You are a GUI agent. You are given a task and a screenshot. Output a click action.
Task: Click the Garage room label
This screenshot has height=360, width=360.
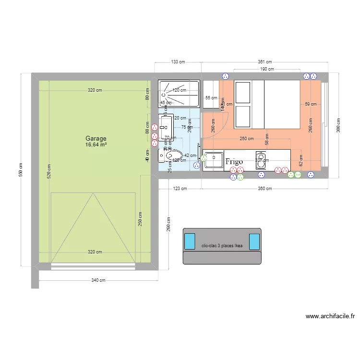96,138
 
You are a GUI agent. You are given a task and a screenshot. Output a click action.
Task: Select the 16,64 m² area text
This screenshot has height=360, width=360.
96,144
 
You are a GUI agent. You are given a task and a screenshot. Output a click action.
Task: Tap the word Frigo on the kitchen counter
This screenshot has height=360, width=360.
234,162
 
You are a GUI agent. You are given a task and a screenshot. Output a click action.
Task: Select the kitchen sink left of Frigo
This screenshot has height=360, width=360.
213,160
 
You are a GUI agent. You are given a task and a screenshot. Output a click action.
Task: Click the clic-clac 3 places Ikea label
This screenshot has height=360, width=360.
222,246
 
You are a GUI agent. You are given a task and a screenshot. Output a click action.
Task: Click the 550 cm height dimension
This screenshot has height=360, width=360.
21,169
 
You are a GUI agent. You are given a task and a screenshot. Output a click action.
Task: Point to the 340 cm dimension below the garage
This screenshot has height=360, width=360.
98,281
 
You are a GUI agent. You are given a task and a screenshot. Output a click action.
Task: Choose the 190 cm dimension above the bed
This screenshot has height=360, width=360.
267,69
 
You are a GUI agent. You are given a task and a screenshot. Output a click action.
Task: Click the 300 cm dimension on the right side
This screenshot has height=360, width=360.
339,126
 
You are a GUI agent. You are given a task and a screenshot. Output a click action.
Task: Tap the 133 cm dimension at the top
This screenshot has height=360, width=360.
178,62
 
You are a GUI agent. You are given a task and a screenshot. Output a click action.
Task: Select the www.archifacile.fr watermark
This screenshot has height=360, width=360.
330,316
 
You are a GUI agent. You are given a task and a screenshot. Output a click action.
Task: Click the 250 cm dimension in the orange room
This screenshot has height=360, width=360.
246,139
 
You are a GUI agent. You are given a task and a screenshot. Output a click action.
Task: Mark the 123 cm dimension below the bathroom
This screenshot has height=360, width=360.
180,189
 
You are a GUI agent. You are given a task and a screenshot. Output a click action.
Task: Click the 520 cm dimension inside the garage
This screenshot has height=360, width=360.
48,171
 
